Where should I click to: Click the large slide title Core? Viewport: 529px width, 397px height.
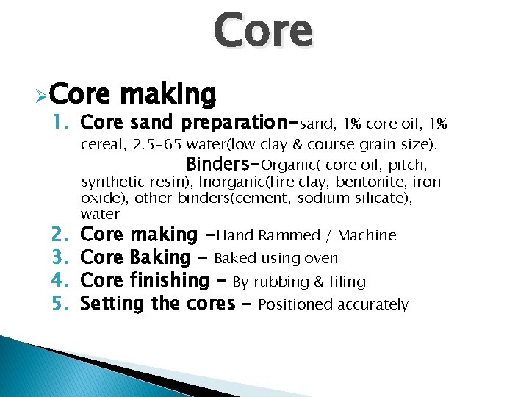tap(263, 32)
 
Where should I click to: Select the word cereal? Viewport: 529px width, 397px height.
tap(104, 143)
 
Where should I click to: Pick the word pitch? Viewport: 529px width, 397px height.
tap(408, 164)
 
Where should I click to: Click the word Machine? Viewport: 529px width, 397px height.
tap(367, 235)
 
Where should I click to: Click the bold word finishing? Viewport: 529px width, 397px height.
tap(168, 281)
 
